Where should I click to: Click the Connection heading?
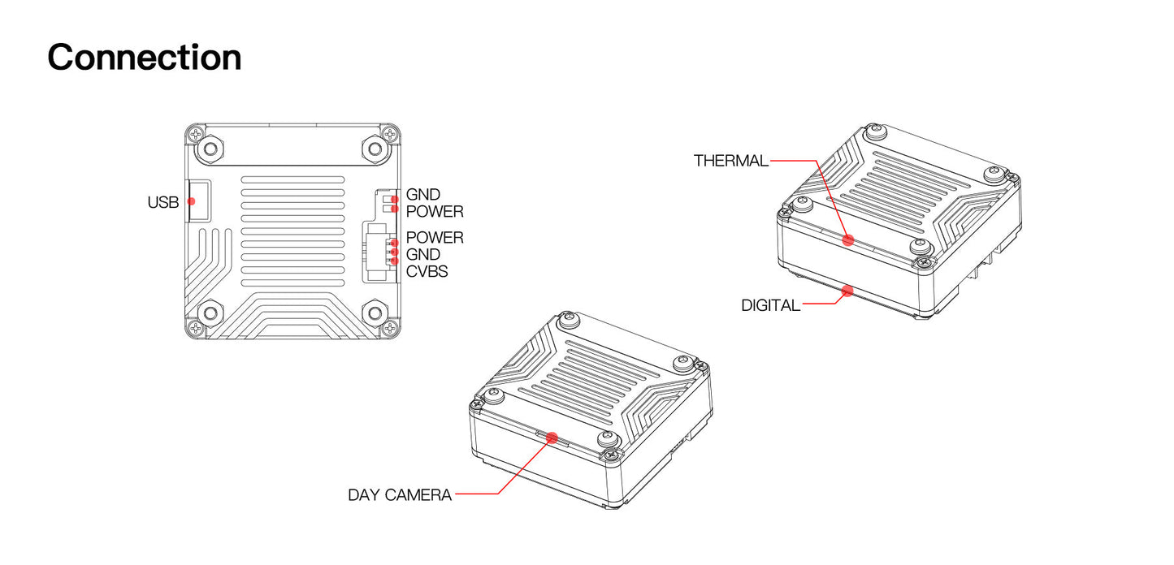(145, 58)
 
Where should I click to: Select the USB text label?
(162, 202)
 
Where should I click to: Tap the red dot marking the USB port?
(192, 201)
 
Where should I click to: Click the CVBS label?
(427, 271)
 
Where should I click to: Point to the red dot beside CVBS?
(394, 261)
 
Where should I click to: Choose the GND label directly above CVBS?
(422, 255)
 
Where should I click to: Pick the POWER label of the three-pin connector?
(435, 238)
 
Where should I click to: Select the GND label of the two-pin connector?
(422, 195)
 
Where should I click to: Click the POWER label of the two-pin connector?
(435, 212)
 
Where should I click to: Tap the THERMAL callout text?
(730, 161)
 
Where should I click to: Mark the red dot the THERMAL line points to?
(848, 239)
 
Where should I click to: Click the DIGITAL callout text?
(770, 305)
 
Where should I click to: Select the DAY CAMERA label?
(400, 494)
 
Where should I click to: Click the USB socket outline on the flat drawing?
(200, 201)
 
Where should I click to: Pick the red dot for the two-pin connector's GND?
(394, 198)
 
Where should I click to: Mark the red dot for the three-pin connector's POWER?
(394, 243)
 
